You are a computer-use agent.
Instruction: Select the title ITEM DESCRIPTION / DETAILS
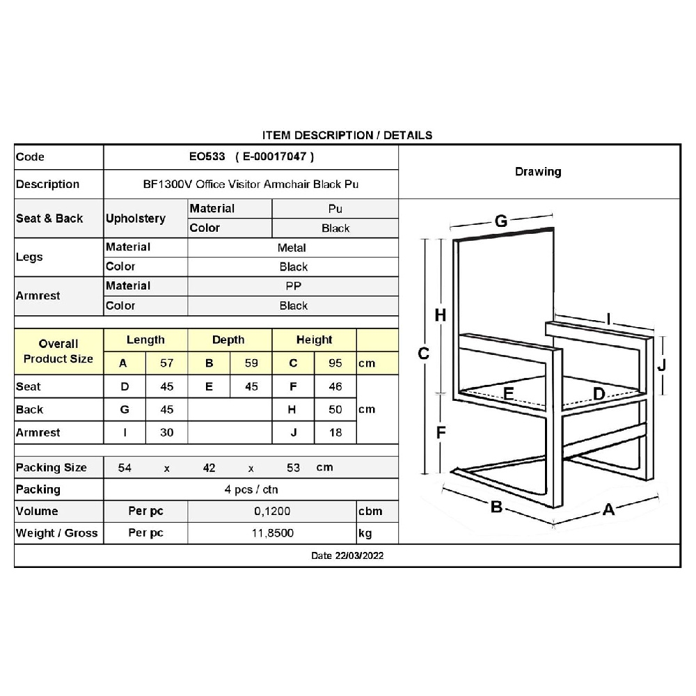pos(347,135)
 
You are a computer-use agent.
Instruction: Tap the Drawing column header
pos(538,172)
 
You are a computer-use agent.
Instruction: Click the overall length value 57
pos(166,363)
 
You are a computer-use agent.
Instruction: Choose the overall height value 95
pos(335,363)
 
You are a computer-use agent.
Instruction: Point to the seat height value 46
pos(335,387)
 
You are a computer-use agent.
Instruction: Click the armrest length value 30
pos(166,433)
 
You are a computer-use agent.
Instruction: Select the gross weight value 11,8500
pos(272,533)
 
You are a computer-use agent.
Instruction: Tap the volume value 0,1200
pos(272,512)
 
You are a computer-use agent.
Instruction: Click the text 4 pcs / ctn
pos(251,489)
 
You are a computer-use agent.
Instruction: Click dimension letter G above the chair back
pos(500,222)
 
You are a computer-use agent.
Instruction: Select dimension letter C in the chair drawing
pos(423,354)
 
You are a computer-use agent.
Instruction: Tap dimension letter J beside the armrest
pos(662,365)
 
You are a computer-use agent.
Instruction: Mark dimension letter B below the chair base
pos(496,507)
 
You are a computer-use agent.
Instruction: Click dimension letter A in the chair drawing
pos(608,510)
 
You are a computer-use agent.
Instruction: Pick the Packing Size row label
pos(52,468)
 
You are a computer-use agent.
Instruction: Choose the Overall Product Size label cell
pos(58,351)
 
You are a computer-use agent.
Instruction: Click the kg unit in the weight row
pos(365,533)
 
